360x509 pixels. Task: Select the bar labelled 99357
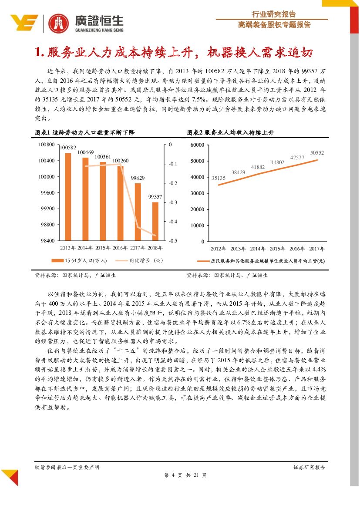(x=155, y=221)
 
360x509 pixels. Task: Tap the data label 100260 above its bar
(x=121, y=161)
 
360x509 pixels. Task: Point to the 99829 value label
(x=138, y=178)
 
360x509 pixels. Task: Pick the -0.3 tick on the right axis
(x=173, y=202)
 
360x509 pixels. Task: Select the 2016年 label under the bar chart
(x=120, y=248)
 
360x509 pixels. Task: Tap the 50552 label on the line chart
(x=317, y=153)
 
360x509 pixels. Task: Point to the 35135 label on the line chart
(x=218, y=178)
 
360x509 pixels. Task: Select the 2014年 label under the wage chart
(x=258, y=249)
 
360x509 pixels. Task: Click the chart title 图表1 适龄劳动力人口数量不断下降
(x=85, y=132)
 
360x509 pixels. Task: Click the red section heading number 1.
(x=40, y=53)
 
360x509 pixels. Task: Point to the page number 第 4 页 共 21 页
(x=180, y=475)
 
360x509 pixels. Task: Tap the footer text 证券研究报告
(x=310, y=467)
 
